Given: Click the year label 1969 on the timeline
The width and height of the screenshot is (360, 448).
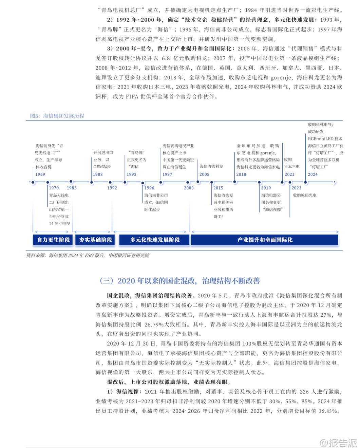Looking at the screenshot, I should [x=40, y=174].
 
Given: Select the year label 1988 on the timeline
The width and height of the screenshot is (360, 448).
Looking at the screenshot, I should [x=98, y=174].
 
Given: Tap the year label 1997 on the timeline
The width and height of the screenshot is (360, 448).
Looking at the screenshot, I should [x=167, y=174].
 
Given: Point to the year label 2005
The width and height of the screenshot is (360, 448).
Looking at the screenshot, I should [x=204, y=174].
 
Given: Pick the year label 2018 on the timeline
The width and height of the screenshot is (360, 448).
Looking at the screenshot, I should [x=241, y=174].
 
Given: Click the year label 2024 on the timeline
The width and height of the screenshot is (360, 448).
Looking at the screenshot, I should [x=312, y=174].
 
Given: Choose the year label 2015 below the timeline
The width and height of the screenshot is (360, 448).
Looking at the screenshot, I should [x=218, y=188].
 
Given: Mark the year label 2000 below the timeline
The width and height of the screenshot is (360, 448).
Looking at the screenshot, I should [x=189, y=188].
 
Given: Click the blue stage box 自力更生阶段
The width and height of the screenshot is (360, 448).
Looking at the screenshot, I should [x=53, y=240].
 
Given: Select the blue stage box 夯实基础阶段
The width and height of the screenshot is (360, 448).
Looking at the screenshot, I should [x=95, y=240].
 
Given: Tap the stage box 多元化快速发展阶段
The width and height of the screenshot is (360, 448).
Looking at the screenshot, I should [x=155, y=240].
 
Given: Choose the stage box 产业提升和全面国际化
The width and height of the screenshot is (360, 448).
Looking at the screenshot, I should [x=265, y=240].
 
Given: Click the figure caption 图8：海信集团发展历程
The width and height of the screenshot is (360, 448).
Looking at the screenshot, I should [x=57, y=116].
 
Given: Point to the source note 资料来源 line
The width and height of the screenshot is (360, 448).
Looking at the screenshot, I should [x=88, y=256].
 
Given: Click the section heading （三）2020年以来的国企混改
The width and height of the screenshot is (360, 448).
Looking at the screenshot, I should [x=179, y=281].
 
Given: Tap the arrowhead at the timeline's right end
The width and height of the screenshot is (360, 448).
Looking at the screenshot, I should [x=335, y=182].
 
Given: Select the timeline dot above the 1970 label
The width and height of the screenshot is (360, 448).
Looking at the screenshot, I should [x=48, y=182].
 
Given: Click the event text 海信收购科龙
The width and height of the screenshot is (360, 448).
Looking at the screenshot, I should [x=211, y=166].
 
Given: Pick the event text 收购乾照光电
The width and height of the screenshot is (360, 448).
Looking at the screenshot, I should [x=304, y=195].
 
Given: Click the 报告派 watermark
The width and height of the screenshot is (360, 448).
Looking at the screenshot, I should [x=339, y=443].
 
